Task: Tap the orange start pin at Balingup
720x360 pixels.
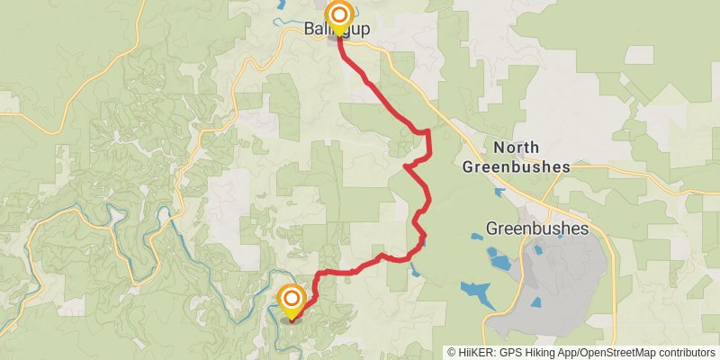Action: click(x=339, y=16)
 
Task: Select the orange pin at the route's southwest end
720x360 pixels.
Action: click(x=292, y=300)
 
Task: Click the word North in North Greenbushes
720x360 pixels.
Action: click(x=516, y=148)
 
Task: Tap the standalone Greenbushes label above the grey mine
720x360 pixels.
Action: click(x=536, y=229)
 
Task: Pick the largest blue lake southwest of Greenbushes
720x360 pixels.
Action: click(x=476, y=292)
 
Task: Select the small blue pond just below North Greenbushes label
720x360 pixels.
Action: click(x=499, y=192)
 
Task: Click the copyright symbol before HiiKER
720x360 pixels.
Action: click(x=453, y=352)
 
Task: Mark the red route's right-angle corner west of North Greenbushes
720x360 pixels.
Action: click(x=428, y=132)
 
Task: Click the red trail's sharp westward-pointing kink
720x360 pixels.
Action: click(x=407, y=166)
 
